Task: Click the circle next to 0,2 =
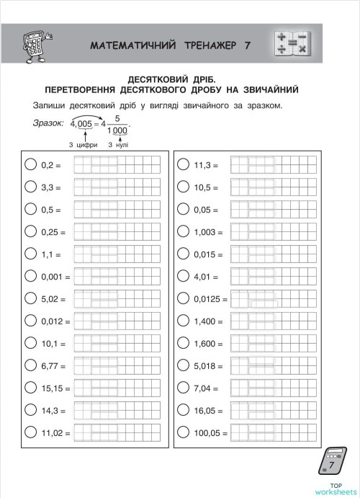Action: (30, 165)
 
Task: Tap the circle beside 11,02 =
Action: (30, 433)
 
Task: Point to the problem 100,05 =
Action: (210, 434)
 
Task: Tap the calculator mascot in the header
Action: (34, 45)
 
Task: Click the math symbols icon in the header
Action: (292, 43)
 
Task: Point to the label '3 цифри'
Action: (84, 144)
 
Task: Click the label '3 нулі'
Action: (118, 144)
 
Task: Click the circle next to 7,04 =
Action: (183, 388)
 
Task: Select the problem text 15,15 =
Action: (55, 388)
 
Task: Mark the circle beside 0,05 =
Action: (183, 210)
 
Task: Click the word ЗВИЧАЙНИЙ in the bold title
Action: (268, 89)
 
